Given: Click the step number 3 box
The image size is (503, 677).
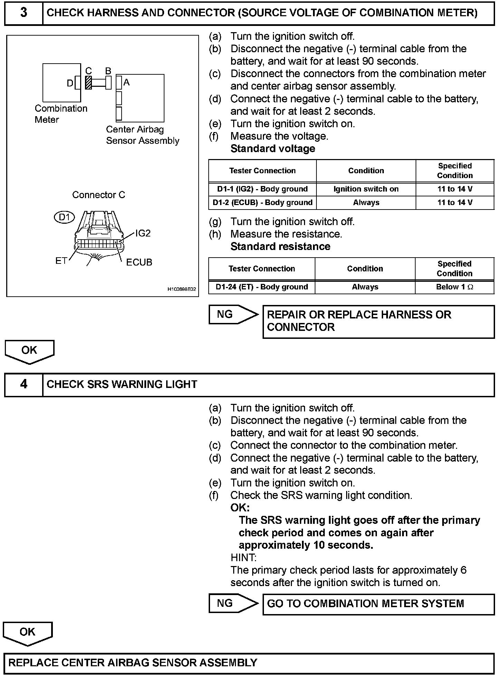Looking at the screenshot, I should [x=23, y=13].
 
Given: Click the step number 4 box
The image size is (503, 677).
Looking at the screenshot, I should [x=23, y=384].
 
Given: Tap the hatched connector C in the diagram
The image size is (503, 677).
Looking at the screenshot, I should [x=88, y=83].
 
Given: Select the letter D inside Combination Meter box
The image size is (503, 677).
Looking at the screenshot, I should [x=70, y=83].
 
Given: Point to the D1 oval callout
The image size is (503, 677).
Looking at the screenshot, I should [x=65, y=217].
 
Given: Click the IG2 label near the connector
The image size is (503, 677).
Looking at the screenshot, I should [x=143, y=233].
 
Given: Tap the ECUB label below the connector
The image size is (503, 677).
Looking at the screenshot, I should [x=139, y=262].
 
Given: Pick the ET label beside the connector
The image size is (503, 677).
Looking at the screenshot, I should [x=61, y=261].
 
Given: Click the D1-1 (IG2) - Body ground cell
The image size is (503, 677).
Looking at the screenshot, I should [x=262, y=189].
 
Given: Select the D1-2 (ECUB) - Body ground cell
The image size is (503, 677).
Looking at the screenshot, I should [x=262, y=203].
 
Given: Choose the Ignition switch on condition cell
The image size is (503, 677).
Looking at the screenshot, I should [x=366, y=189].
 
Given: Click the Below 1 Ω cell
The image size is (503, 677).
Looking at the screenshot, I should [x=454, y=287].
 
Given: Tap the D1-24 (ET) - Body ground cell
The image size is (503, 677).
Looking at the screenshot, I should [x=262, y=287].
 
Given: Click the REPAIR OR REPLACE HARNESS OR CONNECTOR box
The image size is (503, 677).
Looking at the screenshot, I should [x=378, y=321].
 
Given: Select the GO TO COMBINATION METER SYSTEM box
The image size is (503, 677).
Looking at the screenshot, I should [x=378, y=604].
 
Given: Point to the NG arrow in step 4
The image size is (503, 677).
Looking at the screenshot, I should [x=233, y=603].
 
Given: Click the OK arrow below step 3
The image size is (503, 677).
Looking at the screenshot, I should [x=29, y=351].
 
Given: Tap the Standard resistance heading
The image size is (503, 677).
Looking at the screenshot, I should [x=280, y=247].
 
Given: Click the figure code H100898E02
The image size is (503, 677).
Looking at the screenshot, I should [x=182, y=289].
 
